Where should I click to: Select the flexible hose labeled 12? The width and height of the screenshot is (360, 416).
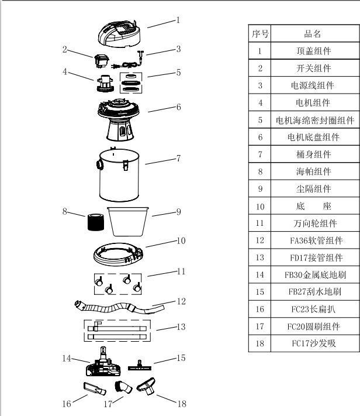tap(117, 307)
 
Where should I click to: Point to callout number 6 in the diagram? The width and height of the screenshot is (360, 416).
tap(179, 107)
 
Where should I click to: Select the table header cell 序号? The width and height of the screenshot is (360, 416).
tap(260, 34)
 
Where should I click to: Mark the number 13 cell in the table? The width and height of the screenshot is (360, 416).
tap(260, 257)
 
